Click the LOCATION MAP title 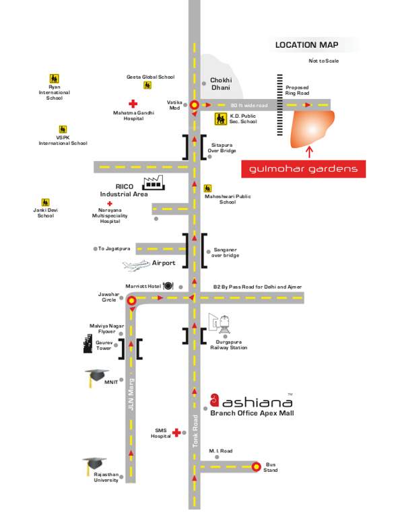pyautogui.click(x=306, y=45)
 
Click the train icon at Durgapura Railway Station pyautogui.click(x=220, y=326)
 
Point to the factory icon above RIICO pyautogui.click(x=153, y=181)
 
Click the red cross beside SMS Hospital pyautogui.click(x=177, y=432)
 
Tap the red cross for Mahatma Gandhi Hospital pyautogui.click(x=133, y=104)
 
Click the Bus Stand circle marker pyautogui.click(x=256, y=466)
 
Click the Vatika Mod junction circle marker pyautogui.click(x=195, y=106)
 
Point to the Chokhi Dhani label pyautogui.click(x=221, y=83)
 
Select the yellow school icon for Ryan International pyautogui.click(x=54, y=79)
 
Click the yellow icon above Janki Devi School pyautogui.click(x=45, y=202)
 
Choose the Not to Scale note pyautogui.click(x=323, y=61)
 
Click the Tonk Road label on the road pyautogui.click(x=196, y=432)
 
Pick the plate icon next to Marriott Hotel pyautogui.click(x=168, y=286)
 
